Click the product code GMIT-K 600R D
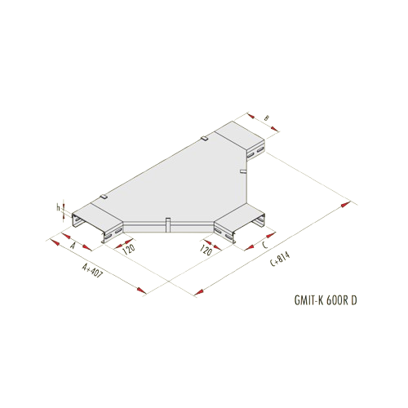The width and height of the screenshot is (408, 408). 326,300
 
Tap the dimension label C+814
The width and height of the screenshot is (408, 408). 280,259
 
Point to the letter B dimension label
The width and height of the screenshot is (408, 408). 267,118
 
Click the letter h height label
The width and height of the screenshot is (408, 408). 58,207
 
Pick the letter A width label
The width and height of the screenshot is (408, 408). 73,246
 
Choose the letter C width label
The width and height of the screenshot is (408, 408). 265,245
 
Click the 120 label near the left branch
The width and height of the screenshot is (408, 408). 129,249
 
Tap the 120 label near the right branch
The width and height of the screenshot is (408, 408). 206,250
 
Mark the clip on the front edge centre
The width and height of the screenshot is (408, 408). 168,224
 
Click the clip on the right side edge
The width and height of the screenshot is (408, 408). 243,171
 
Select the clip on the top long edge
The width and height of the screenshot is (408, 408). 205,139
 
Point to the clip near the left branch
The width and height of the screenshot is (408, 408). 103,196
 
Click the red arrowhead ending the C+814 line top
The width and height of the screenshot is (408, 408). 346,204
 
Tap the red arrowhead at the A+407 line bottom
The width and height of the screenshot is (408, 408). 142,290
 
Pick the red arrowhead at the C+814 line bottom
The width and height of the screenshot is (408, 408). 198,292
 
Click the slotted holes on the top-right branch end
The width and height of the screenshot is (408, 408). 256,152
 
